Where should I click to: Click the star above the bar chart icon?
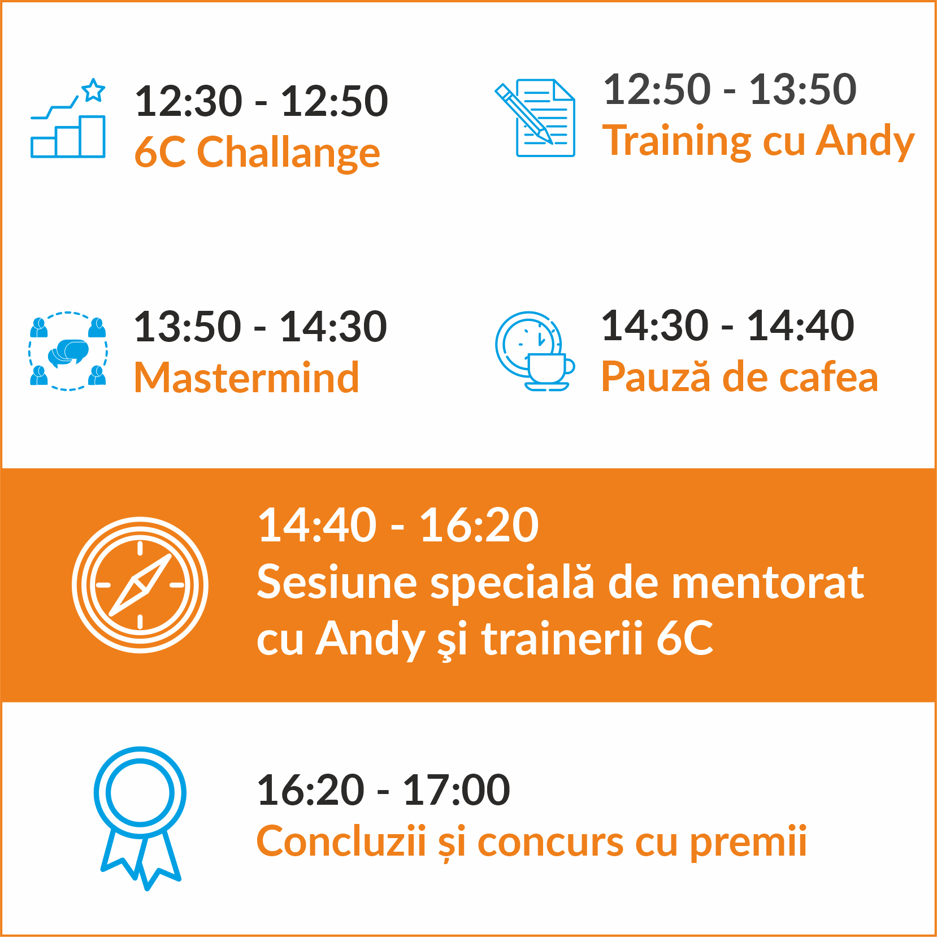[93, 90]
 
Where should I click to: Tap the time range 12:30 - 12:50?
[261, 101]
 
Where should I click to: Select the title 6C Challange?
[257, 153]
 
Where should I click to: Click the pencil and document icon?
[535, 118]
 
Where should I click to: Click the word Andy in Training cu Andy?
[865, 141]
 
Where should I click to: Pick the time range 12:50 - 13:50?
[730, 89]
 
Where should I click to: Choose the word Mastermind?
[246, 378]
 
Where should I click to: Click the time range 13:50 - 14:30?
[260, 327]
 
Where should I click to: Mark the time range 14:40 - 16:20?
[398, 525]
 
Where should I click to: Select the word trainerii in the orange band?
[562, 639]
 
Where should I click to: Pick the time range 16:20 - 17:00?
[383, 790]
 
